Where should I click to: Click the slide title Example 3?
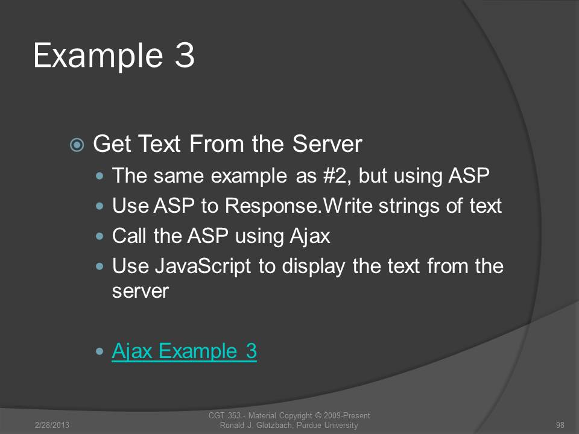click(114, 56)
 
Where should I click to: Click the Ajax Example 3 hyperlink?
click(185, 351)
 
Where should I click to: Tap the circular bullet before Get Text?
click(77, 145)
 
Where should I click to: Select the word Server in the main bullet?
click(327, 143)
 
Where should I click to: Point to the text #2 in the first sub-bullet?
click(335, 175)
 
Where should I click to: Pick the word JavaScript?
click(203, 266)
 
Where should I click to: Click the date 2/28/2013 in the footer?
click(52, 425)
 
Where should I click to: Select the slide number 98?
click(560, 425)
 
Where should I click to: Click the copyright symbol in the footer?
click(318, 416)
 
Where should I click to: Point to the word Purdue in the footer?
click(309, 425)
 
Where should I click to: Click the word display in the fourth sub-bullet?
click(314, 266)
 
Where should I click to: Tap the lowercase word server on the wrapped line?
click(141, 292)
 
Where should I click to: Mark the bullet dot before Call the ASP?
click(100, 236)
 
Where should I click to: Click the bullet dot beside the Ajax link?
click(100, 351)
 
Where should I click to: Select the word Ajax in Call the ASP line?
click(310, 236)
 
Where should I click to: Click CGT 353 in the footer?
click(224, 416)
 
